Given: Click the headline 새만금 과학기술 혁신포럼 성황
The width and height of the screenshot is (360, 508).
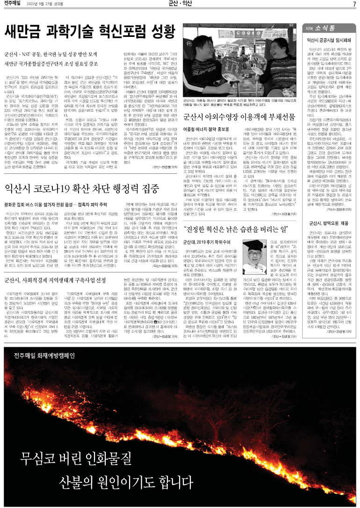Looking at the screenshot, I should point(89,32).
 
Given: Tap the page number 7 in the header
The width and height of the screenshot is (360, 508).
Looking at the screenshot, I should point(354,4).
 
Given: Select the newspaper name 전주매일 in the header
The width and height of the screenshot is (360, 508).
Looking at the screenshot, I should point(14,4).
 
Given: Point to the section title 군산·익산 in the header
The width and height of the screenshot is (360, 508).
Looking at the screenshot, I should point(180,4).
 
